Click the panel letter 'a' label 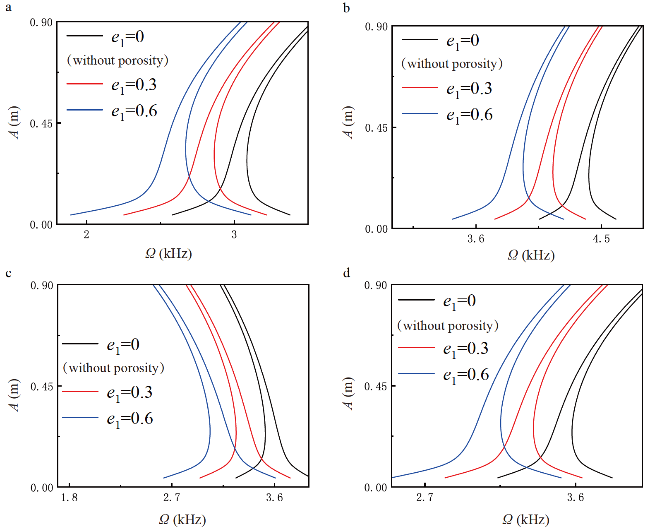point(8,8)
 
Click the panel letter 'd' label point(346,273)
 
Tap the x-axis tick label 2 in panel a point(86,235)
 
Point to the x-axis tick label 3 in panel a point(234,235)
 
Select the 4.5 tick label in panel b point(601,239)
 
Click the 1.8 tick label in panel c point(69,498)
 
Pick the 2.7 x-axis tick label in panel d point(425,497)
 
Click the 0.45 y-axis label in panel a point(41,124)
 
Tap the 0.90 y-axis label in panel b point(376,27)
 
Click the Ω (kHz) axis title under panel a point(168,253)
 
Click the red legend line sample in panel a point(84,84)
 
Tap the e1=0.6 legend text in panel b point(469,115)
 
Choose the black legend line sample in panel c point(80,344)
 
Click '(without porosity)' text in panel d point(448,326)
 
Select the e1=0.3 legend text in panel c point(130,392)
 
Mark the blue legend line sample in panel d point(416,374)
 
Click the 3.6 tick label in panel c point(274,498)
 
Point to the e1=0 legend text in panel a point(127,37)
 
